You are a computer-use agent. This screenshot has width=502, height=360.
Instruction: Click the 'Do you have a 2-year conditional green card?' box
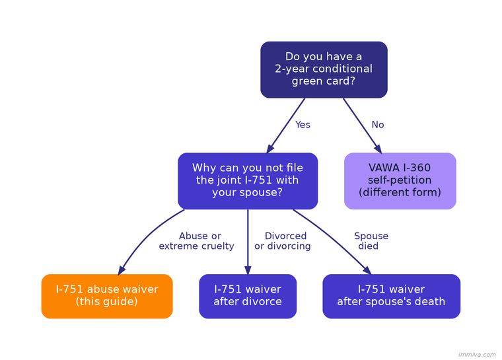(324, 69)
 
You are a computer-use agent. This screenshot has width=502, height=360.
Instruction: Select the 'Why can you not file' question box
(248, 180)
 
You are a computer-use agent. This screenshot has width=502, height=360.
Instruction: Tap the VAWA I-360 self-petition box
(400, 180)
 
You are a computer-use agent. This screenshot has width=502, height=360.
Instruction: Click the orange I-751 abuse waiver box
(107, 296)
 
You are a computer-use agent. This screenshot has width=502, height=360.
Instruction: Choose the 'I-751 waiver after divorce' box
(248, 296)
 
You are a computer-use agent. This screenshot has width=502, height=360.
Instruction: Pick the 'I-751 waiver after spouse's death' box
(391, 296)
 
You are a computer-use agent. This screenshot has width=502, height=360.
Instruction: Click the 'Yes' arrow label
(303, 125)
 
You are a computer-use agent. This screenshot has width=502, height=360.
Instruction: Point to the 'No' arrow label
(378, 125)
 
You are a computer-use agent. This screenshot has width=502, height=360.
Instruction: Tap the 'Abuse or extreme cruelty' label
(197, 241)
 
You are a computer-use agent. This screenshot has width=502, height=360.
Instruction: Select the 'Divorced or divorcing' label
(283, 241)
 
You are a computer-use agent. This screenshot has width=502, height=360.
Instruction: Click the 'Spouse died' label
(370, 241)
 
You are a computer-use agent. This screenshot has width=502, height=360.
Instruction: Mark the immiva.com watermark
(476, 355)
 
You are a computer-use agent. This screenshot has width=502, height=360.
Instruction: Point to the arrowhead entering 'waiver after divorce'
(248, 270)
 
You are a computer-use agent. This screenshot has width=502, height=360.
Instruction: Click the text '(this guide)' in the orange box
(107, 302)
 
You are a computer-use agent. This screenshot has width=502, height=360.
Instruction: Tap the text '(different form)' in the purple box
(400, 193)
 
